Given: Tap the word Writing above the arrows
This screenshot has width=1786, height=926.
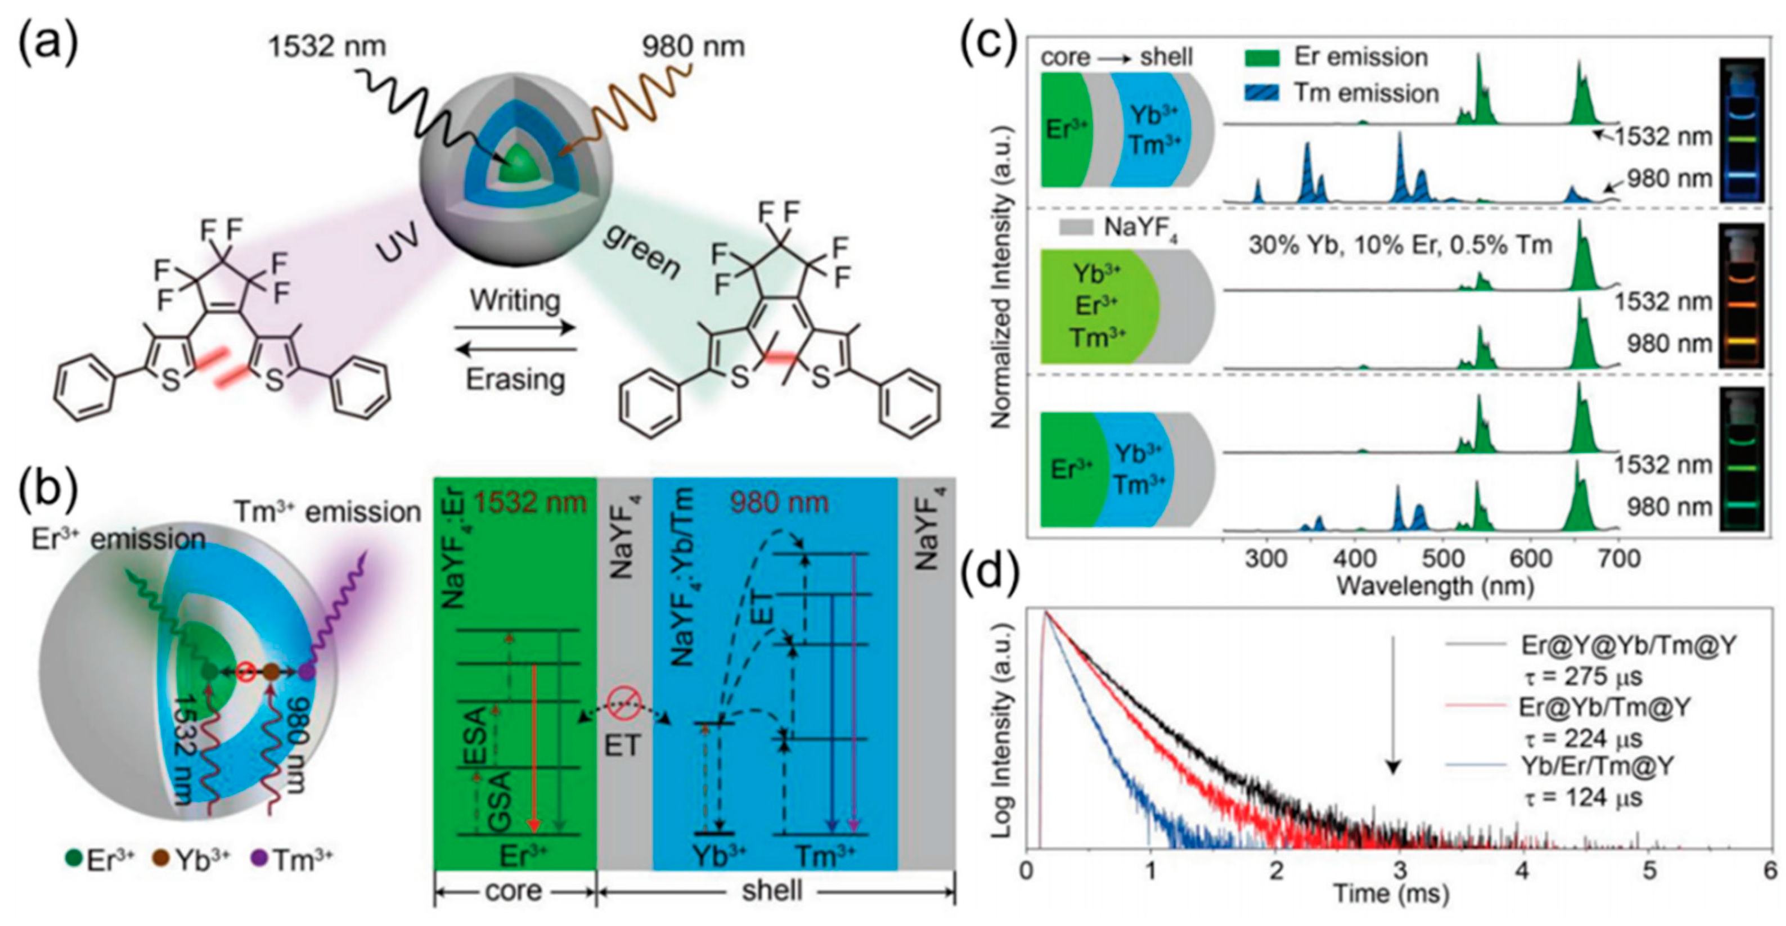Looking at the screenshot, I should pyautogui.click(x=515, y=301).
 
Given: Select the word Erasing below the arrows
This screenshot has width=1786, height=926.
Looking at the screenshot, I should pyautogui.click(x=515, y=378).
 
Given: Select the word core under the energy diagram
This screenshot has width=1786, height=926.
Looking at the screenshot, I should pyautogui.click(x=514, y=890).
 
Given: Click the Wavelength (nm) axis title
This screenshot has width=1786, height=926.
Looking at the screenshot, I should pyautogui.click(x=1434, y=586).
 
